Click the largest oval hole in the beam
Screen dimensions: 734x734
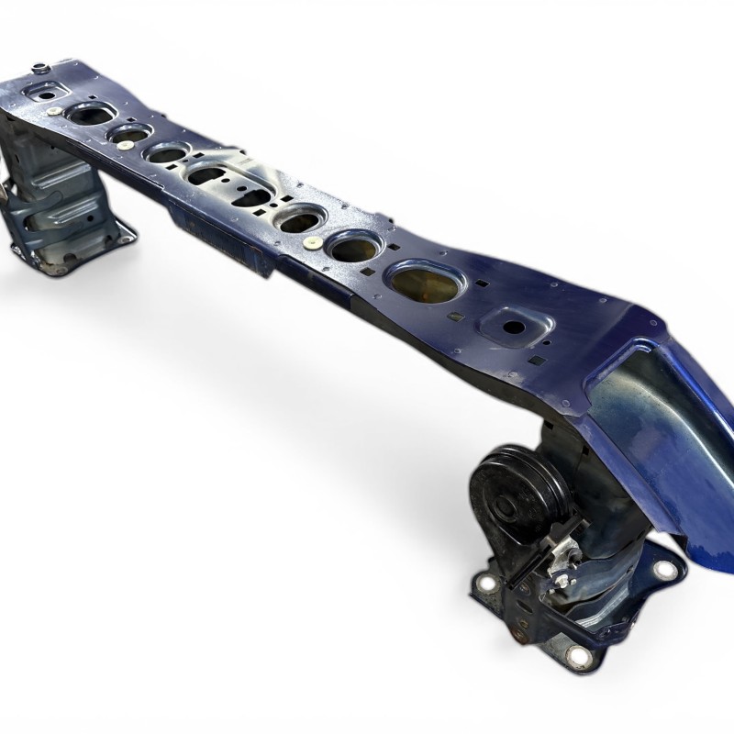425,282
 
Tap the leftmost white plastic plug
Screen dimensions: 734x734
54,111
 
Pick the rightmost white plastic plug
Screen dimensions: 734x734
312,243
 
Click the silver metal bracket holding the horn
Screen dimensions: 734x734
550,560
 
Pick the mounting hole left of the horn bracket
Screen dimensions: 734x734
486,583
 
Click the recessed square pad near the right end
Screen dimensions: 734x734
514,327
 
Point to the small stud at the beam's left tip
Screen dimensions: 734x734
39,67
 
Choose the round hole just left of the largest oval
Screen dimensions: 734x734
353,248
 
